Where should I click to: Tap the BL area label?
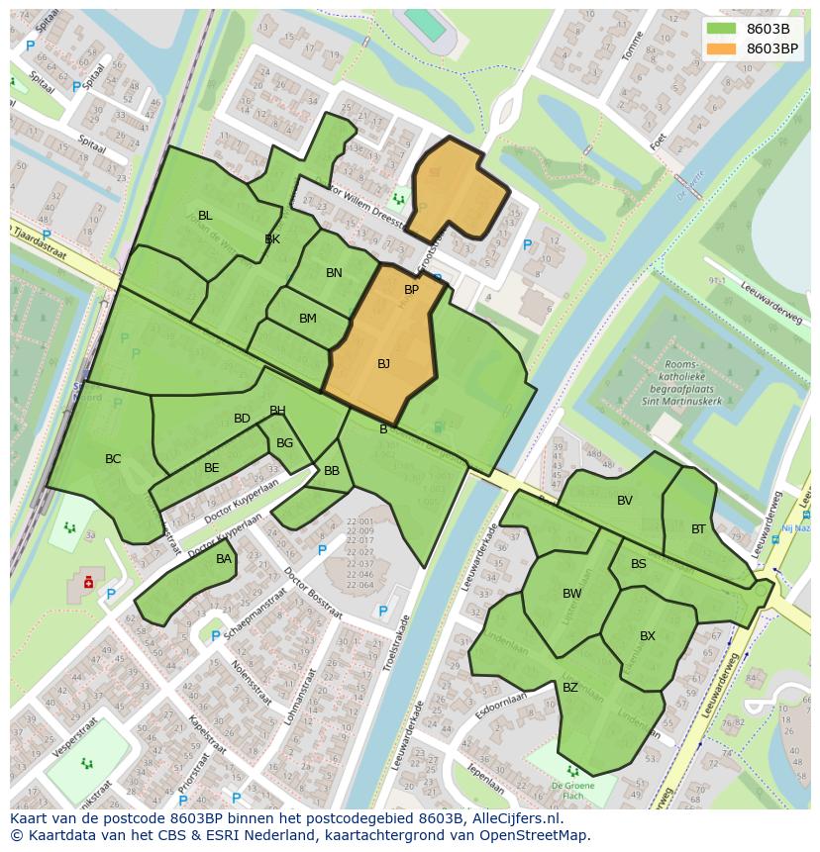[205, 216]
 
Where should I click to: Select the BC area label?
[113, 459]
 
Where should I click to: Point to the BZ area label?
[570, 688]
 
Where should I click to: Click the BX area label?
[648, 636]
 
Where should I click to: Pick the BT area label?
[699, 529]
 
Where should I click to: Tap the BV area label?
[625, 501]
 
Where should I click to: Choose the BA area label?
[224, 559]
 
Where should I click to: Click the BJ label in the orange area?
[383, 364]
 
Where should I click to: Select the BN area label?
[335, 273]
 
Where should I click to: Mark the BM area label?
[308, 319]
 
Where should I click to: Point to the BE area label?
[212, 468]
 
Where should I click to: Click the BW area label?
[572, 594]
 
